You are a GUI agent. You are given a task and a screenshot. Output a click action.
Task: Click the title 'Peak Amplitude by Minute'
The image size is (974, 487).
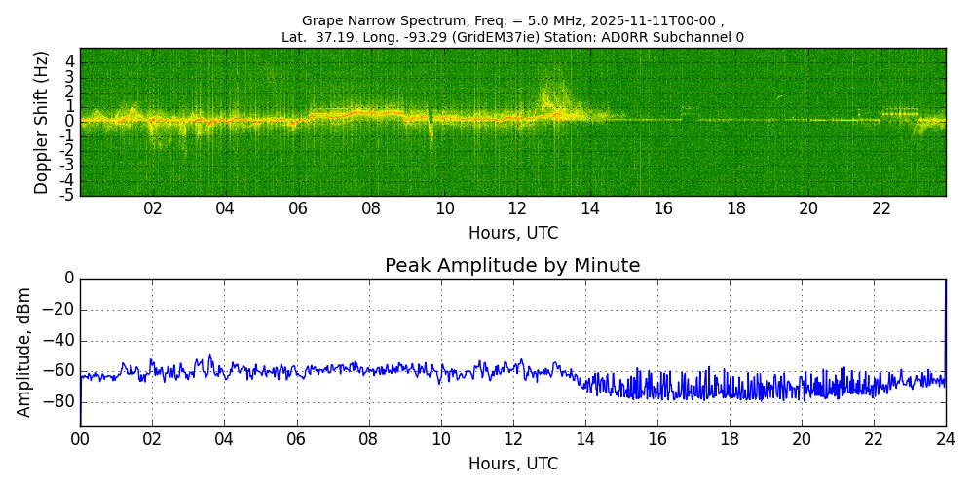[x=512, y=266]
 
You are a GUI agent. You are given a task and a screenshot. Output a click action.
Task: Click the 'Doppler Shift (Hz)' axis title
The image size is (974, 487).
[x=42, y=123]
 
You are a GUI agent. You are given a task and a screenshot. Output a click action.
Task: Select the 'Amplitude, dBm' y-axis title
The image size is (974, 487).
[x=25, y=352]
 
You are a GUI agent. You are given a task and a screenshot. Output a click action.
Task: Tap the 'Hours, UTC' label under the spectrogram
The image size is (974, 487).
[x=512, y=234]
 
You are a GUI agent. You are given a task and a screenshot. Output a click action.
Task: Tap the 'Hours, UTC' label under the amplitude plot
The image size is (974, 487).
[x=512, y=464]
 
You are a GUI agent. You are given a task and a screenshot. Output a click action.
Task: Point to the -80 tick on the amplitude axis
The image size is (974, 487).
[x=61, y=400]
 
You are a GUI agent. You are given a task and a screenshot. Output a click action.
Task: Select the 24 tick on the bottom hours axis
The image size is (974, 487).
[x=945, y=440]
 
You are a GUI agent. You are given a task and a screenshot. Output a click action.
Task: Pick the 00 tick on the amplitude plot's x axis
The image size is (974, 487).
[x=80, y=440]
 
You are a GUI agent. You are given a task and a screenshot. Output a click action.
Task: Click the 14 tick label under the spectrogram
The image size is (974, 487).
[x=590, y=209]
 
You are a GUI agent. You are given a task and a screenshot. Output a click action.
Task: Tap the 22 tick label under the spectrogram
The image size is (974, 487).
[x=881, y=209]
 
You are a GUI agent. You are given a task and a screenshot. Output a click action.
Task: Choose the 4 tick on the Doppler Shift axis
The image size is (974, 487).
[x=70, y=60]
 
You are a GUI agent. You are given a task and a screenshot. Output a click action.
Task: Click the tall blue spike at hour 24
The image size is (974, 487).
[x=945, y=321]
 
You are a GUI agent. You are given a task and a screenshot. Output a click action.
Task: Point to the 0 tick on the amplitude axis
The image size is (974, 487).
[x=69, y=279]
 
